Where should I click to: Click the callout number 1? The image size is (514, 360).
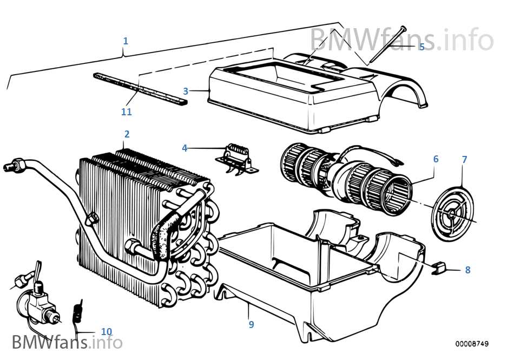tap(126, 41)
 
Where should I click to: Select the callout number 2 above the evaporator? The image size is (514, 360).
tap(127, 134)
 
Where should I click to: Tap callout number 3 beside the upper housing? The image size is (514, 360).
tap(186, 91)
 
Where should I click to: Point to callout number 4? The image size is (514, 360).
tap(184, 147)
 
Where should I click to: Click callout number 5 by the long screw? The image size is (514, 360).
tap(422, 47)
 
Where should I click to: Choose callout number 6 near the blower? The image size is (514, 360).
tap(436, 159)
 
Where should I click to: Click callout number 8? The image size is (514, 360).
tap(467, 270)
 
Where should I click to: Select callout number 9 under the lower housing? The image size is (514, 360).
tap(251, 324)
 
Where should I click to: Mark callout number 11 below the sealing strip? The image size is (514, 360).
tap(126, 112)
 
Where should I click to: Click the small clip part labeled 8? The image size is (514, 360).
tap(438, 267)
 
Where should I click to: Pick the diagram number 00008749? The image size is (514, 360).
tap(471, 344)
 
